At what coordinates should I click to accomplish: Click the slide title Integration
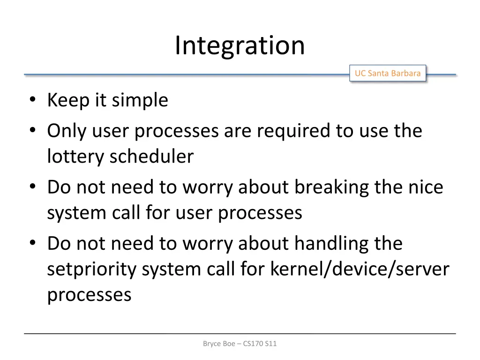pos(240,45)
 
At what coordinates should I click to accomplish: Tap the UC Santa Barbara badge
pos(388,73)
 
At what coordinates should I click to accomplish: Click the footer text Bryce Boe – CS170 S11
pos(240,344)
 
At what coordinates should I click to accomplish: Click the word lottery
pos(75,157)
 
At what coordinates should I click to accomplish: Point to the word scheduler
pos(151,157)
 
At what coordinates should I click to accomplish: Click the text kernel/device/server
pos(360,270)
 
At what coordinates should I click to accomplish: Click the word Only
pos(66,131)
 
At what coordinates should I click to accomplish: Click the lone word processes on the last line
pos(89,295)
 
